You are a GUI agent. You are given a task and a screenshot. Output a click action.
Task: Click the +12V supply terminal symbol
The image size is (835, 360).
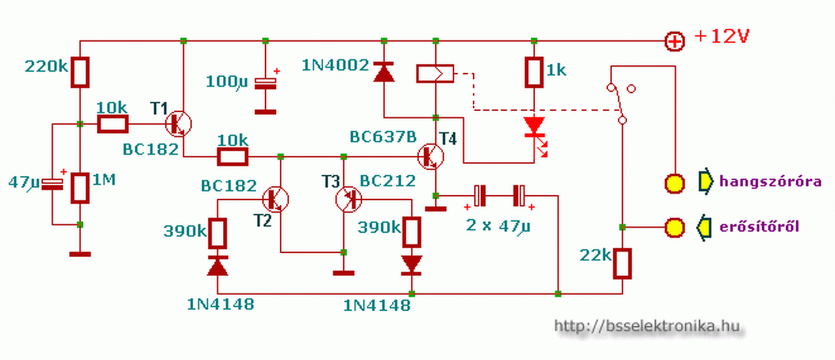coord(675,41)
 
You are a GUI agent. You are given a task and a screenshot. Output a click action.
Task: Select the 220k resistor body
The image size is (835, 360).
coord(80,72)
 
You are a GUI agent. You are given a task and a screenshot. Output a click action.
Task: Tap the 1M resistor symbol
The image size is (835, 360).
coord(80,188)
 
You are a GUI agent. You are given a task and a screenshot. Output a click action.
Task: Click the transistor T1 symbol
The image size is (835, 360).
coord(179,124)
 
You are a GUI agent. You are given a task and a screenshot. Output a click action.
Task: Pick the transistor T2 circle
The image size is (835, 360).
coord(275,199)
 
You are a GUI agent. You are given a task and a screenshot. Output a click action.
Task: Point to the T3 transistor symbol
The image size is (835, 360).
coord(348,199)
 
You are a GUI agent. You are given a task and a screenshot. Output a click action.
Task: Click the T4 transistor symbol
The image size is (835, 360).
coord(431,157)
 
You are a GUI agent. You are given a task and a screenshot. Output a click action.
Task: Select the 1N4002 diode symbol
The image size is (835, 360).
coord(384,72)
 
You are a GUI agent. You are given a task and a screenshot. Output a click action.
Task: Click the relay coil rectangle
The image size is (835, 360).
coord(435,74)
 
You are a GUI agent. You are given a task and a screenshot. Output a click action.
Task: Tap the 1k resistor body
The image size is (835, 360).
coord(534,72)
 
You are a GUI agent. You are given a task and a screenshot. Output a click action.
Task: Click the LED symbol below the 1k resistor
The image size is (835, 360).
coord(536,135)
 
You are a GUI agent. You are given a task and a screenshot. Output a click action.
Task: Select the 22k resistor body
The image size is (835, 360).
coord(622,263)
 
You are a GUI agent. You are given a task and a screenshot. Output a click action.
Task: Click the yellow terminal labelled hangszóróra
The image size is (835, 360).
coord(675,183)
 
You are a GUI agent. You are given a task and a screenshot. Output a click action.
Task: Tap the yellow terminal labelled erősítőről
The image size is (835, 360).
coord(675,228)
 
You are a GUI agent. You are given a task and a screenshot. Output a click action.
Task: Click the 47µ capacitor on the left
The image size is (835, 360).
coord(52,185)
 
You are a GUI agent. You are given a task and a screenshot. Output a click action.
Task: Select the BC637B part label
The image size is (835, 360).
coord(383,137)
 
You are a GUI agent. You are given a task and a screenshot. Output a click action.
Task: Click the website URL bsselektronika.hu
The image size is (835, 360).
coord(646,327)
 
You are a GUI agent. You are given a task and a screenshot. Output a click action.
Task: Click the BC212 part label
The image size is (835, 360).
coord(387,181)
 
